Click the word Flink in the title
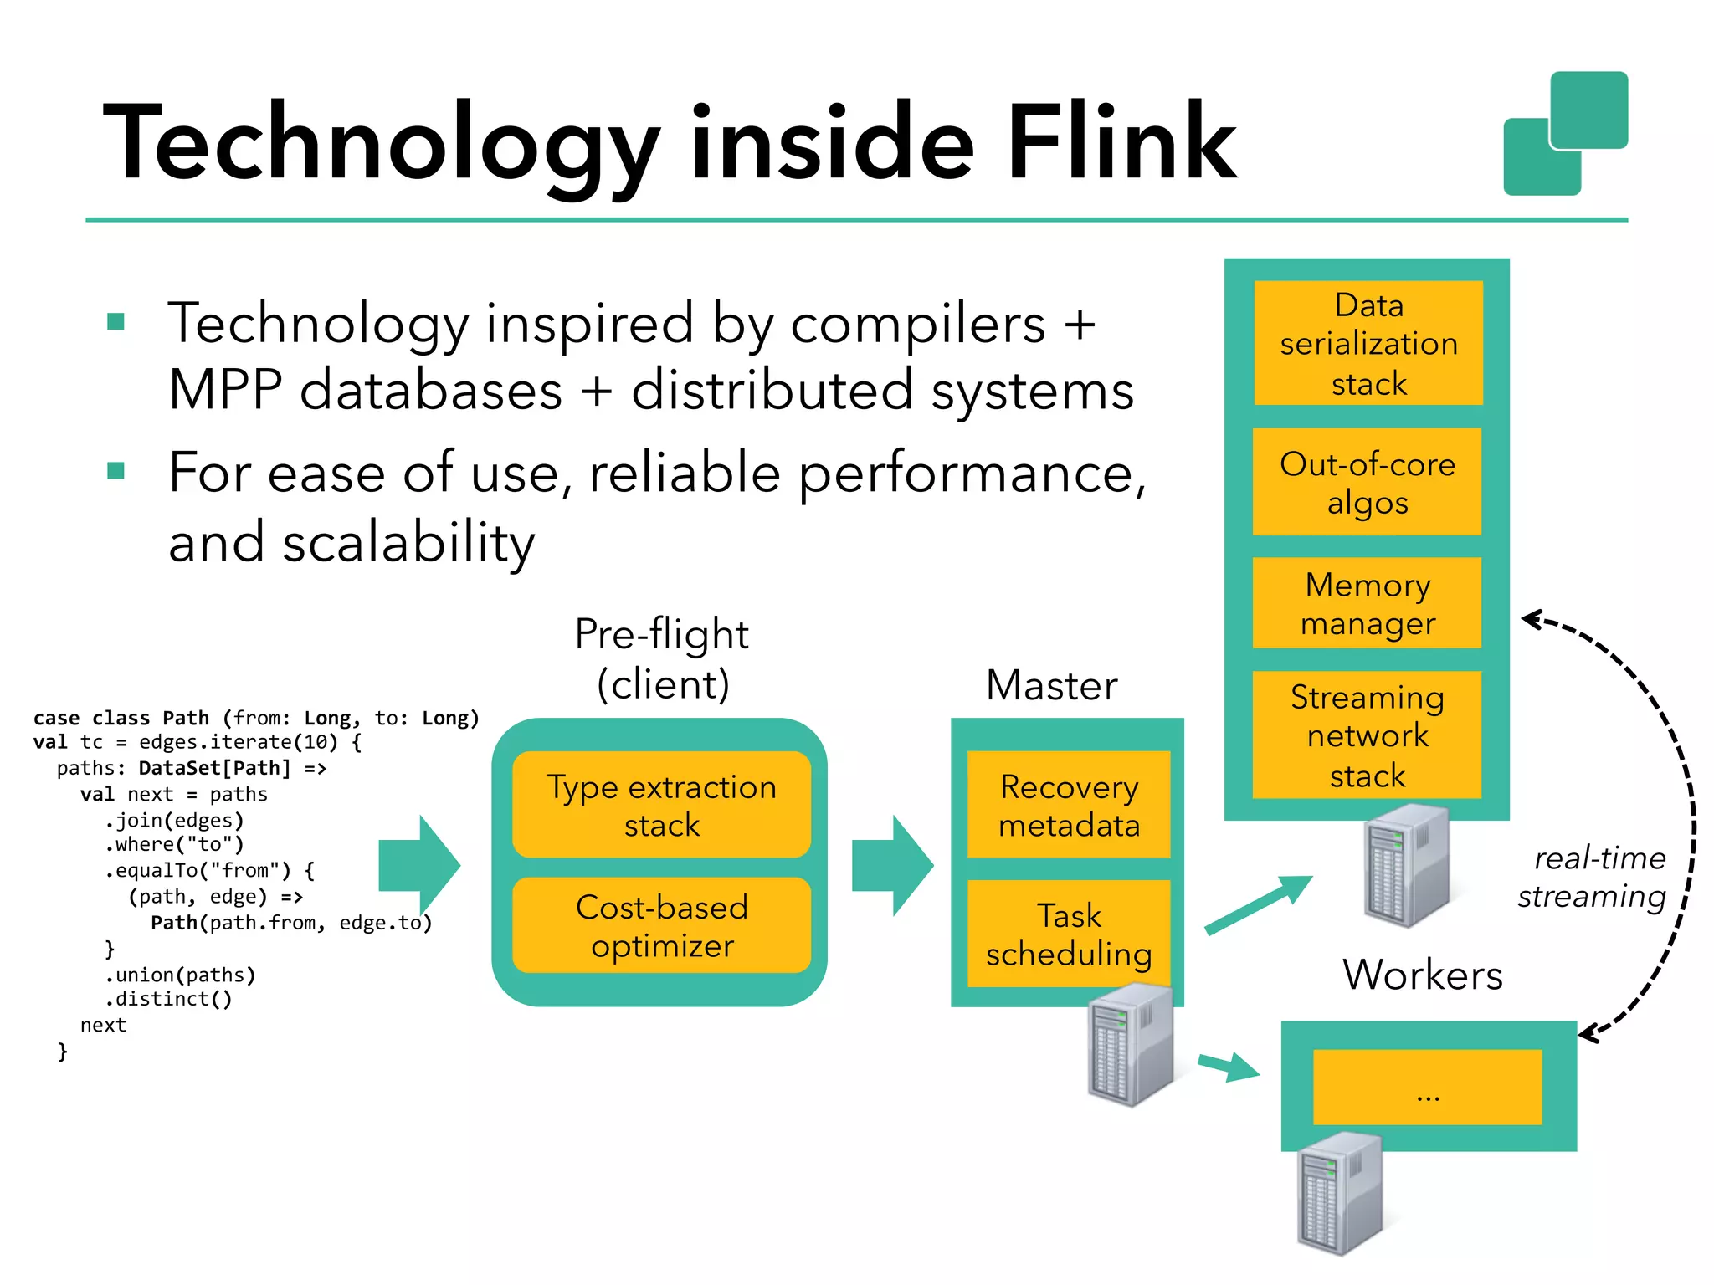pos(1121,142)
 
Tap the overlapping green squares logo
pos(1565,134)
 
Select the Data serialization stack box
pos(1368,343)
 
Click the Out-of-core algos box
pos(1367,483)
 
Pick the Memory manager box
pos(1367,603)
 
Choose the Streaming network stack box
pos(1367,735)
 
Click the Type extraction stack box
pos(661,805)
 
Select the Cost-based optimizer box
pos(661,925)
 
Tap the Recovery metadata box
pos(1069,805)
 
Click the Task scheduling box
pos(1069,934)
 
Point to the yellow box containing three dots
pos(1427,1088)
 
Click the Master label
pos(1051,685)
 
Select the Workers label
pos(1423,975)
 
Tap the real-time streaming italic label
pos(1593,877)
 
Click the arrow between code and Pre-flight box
pos(418,865)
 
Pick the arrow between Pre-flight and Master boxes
pos(892,865)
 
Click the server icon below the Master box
pos(1130,1046)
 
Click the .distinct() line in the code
pos(168,999)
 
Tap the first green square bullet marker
pos(116,322)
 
